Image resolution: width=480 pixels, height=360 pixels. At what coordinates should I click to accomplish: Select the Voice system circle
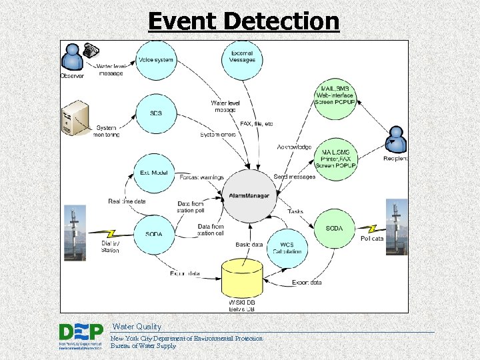[x=156, y=61]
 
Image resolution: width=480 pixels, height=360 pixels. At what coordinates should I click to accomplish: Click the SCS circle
[x=156, y=113]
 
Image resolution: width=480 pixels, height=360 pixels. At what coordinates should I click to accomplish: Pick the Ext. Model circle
[x=154, y=173]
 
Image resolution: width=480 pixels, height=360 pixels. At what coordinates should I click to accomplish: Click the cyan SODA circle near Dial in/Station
[x=154, y=233]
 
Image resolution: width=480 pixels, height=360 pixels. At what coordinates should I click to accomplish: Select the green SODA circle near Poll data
[x=334, y=229]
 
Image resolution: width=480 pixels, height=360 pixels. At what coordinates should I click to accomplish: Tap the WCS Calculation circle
[x=287, y=248]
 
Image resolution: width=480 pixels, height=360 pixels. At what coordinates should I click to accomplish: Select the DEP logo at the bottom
[x=81, y=336]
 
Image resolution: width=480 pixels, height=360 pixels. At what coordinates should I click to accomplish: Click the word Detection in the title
[x=282, y=21]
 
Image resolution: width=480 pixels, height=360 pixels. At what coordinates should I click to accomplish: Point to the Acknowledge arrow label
[x=293, y=147]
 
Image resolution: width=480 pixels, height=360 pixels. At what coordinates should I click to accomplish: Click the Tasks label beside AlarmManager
[x=295, y=211]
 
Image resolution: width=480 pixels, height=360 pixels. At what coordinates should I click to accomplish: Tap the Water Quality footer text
[x=137, y=327]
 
